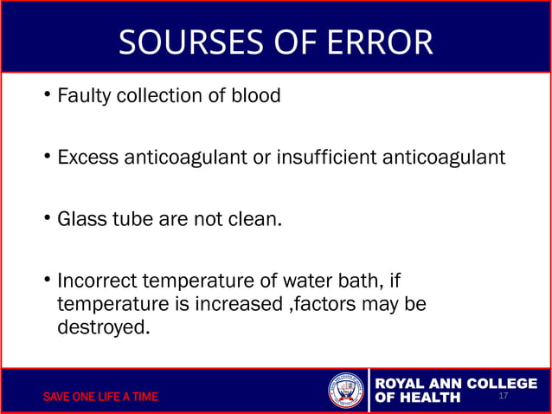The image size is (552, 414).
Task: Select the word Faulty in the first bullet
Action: click(x=83, y=96)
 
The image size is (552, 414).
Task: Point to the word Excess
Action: click(x=87, y=158)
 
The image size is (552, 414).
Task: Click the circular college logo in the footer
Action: click(x=346, y=391)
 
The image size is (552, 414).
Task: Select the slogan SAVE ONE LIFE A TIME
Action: click(x=101, y=398)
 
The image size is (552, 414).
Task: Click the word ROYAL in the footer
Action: click(x=405, y=384)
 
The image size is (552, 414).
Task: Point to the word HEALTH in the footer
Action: click(x=430, y=398)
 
